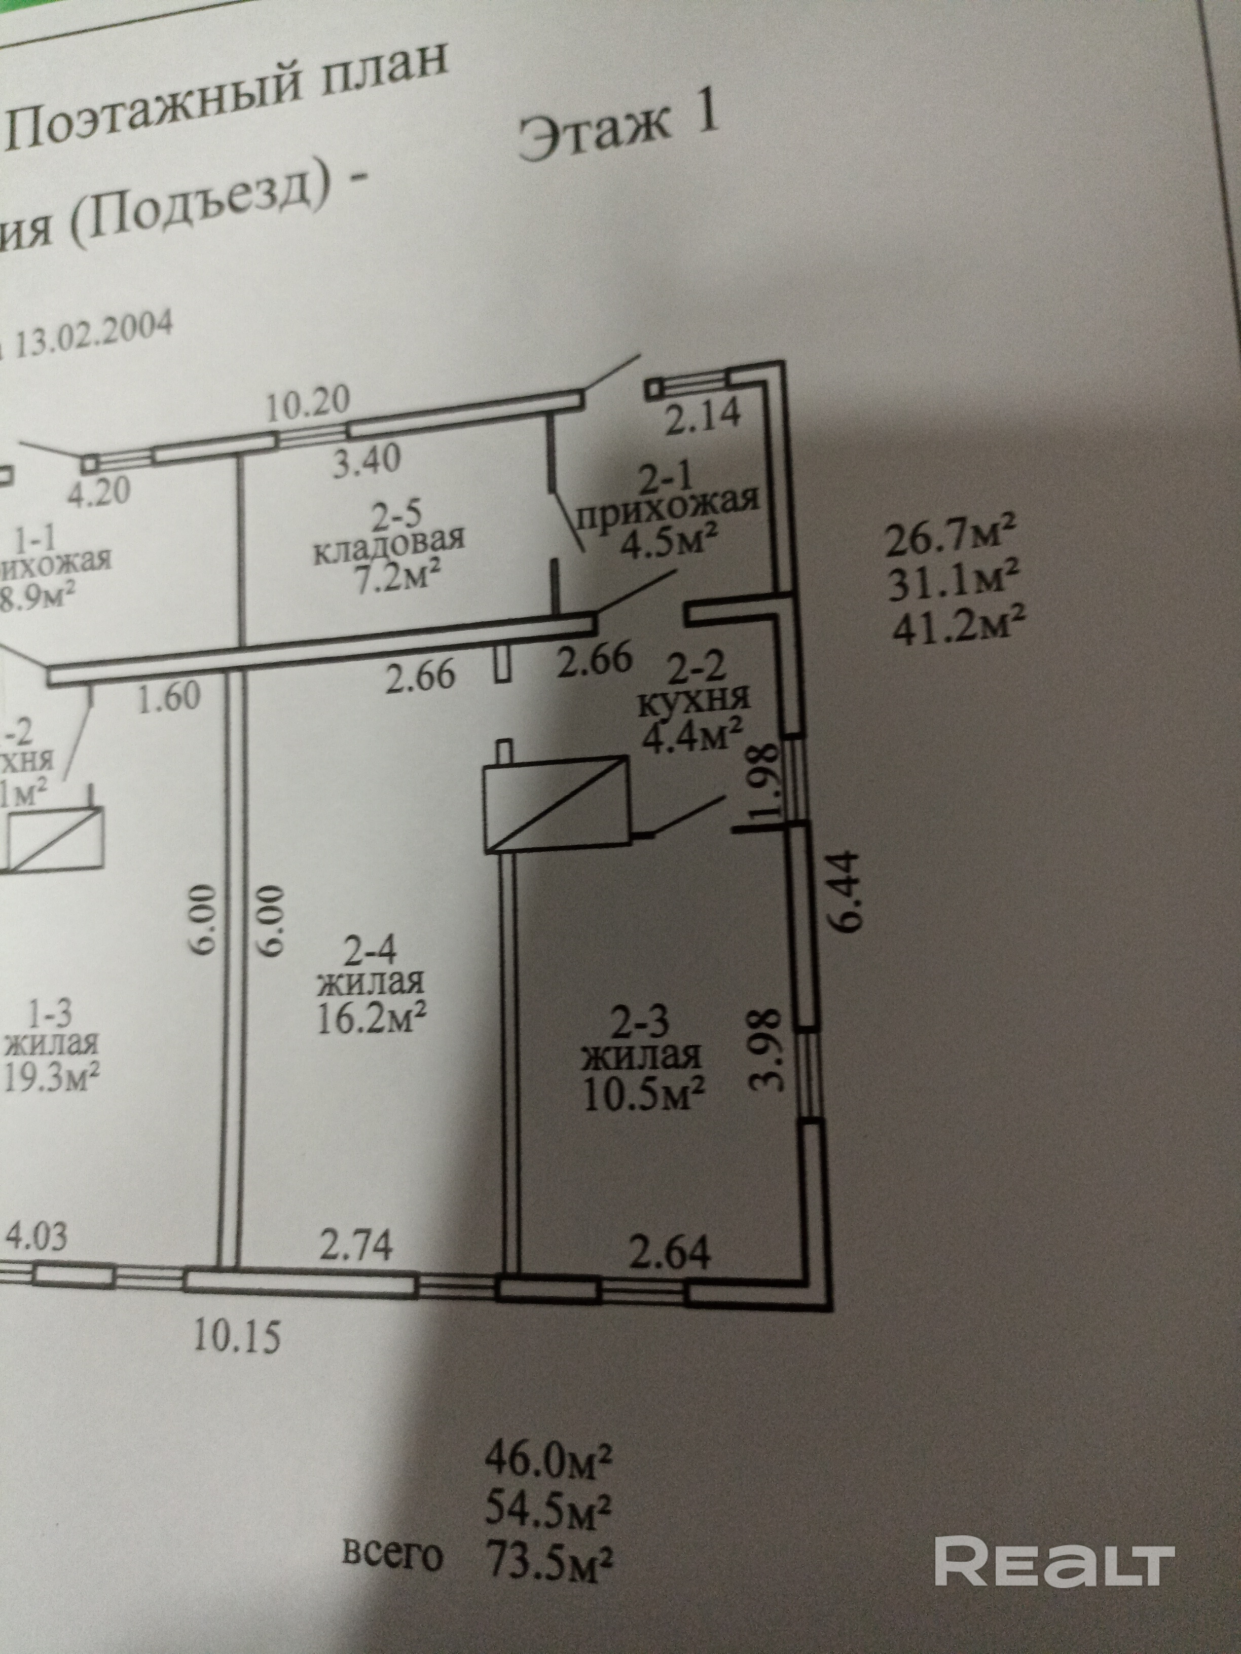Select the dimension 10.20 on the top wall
coord(309,404)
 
